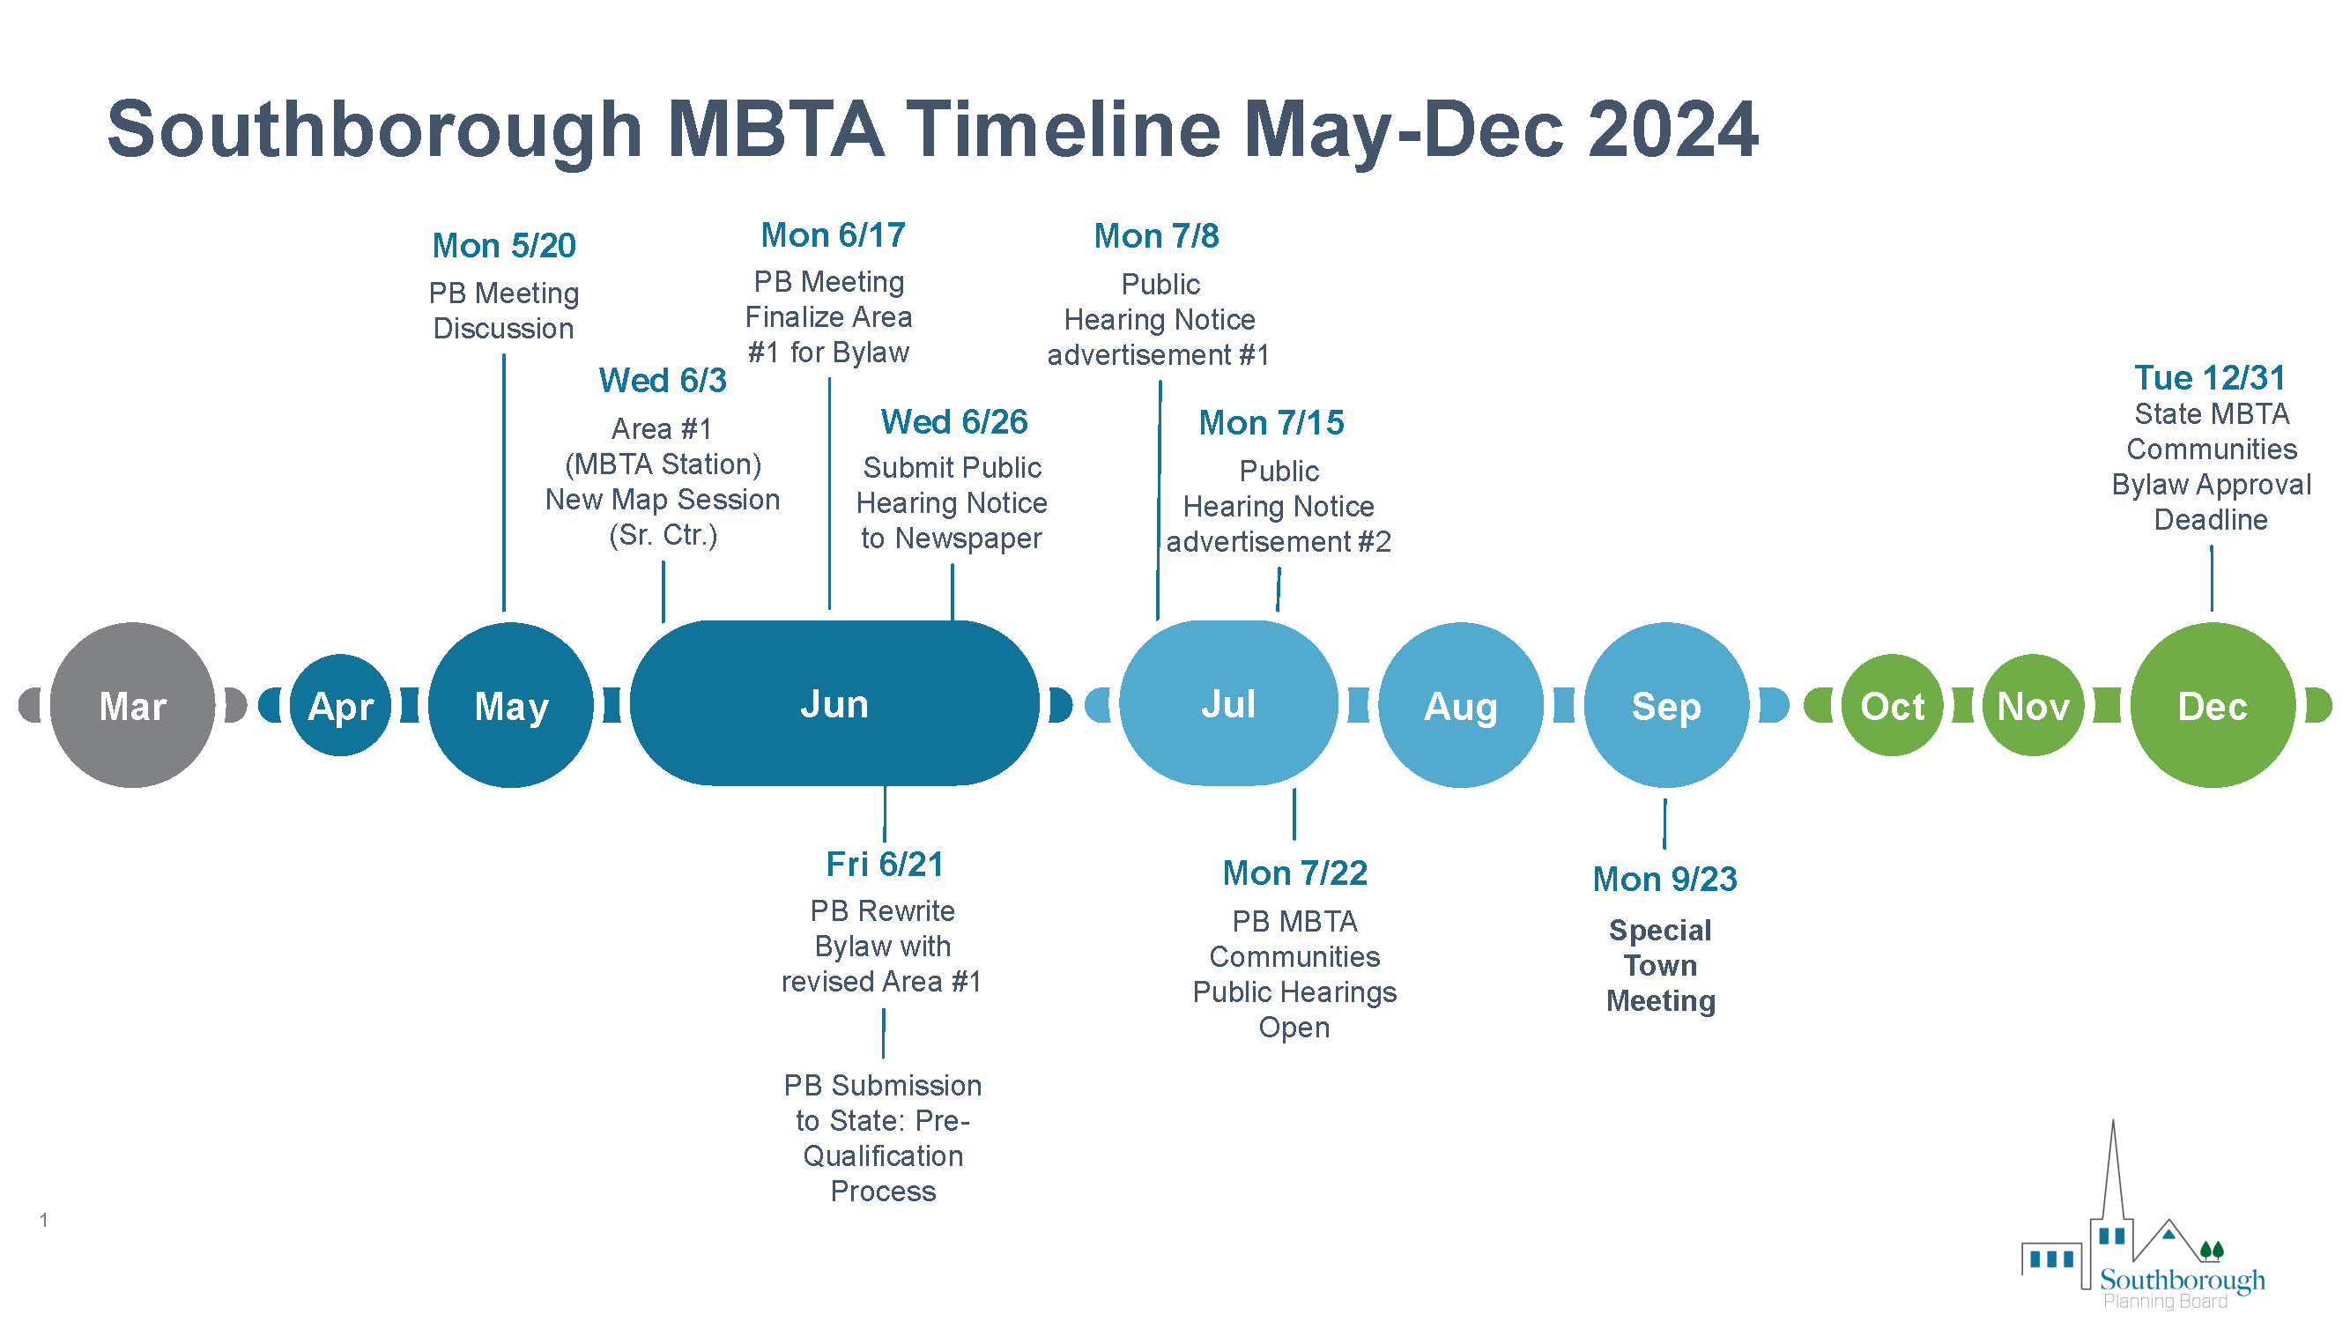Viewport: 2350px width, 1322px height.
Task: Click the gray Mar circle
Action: pyautogui.click(x=132, y=705)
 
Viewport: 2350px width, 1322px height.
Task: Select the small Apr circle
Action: pyautogui.click(x=340, y=705)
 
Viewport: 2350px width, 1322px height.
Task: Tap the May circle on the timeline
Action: pyautogui.click(x=511, y=705)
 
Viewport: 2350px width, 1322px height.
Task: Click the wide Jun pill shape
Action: pyautogui.click(x=834, y=703)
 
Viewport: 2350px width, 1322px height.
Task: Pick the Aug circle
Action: pyautogui.click(x=1461, y=705)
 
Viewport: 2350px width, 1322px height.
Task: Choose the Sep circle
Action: pyautogui.click(x=1666, y=705)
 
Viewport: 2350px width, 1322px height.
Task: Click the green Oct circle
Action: pyautogui.click(x=1892, y=705)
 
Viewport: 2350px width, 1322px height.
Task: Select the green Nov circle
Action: pyautogui.click(x=2033, y=705)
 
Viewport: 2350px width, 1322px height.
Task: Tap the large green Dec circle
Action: pyautogui.click(x=2213, y=705)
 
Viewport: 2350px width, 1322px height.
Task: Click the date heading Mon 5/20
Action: pyautogui.click(x=504, y=245)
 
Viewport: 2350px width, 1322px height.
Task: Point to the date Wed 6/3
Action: pyautogui.click(x=663, y=381)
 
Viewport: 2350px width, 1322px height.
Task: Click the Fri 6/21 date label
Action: pyautogui.click(x=884, y=864)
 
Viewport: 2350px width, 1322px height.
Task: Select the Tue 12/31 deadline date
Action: pyautogui.click(x=2210, y=378)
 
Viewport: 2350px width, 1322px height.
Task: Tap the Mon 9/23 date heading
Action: pyautogui.click(x=1664, y=880)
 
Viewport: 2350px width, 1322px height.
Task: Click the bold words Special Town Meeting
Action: pyautogui.click(x=1660, y=965)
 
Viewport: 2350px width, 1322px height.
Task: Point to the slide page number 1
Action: pyautogui.click(x=43, y=1220)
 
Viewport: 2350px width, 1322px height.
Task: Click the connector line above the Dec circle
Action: pyautogui.click(x=2212, y=578)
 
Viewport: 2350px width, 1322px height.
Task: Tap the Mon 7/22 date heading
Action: pyautogui.click(x=1294, y=873)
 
